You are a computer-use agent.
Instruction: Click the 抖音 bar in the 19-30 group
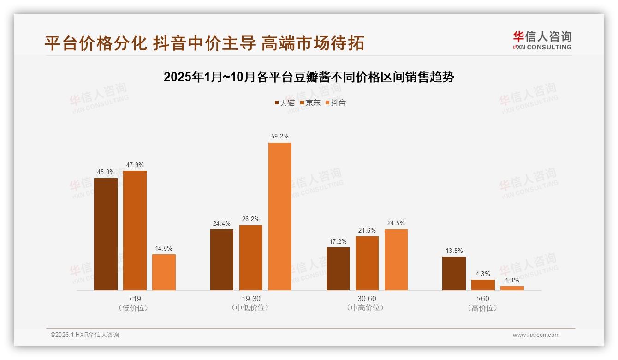point(280,216)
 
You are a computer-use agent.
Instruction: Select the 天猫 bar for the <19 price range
point(106,234)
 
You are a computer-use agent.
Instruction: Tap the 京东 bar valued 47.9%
point(135,230)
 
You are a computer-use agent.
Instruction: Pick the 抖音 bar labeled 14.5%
point(164,272)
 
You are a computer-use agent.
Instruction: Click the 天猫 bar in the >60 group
point(454,273)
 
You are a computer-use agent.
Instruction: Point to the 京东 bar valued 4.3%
point(483,285)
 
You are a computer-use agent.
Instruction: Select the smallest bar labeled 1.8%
point(512,288)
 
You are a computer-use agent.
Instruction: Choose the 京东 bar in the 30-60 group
point(367,263)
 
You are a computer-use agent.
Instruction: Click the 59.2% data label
point(280,137)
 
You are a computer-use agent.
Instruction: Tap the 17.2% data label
point(338,241)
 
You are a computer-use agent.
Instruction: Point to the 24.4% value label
point(222,223)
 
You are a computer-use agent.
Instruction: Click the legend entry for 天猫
point(285,103)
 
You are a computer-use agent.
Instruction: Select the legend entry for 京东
point(310,103)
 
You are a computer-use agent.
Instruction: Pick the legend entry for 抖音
point(335,103)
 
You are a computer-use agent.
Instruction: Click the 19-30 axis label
point(251,299)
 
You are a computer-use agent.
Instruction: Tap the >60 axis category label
point(483,299)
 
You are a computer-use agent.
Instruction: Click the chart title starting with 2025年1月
point(309,77)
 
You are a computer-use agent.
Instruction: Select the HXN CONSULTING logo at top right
point(542,41)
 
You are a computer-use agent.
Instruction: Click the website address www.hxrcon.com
point(536,335)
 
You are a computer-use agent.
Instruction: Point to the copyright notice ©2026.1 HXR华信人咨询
point(85,335)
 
